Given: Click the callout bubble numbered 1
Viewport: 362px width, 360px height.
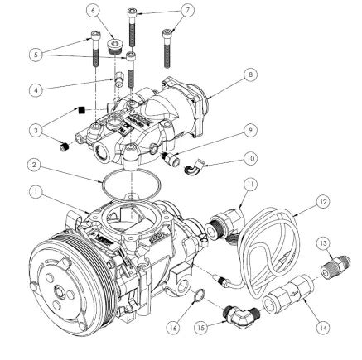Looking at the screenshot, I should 36,191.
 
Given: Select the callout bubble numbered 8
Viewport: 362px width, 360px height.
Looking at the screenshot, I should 249,74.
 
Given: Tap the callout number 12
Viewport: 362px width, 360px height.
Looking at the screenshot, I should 323,202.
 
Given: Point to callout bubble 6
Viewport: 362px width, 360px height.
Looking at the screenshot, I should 94,10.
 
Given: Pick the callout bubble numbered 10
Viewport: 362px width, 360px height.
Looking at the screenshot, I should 250,156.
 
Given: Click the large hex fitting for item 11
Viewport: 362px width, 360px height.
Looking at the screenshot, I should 224,223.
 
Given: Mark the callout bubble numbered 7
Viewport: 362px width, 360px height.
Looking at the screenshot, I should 187,10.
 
